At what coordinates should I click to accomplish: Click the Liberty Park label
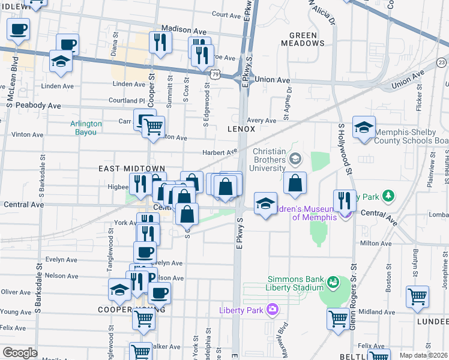[242, 310]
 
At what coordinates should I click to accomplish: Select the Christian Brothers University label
[276, 160]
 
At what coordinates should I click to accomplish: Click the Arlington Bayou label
[86, 128]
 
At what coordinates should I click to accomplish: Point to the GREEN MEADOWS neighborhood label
[303, 39]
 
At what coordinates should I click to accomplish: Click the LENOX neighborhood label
[241, 129]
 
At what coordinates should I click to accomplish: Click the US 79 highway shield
[215, 73]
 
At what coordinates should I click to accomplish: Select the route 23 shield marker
[442, 62]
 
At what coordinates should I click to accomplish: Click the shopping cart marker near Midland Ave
[339, 317]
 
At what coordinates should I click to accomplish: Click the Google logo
[20, 353]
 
